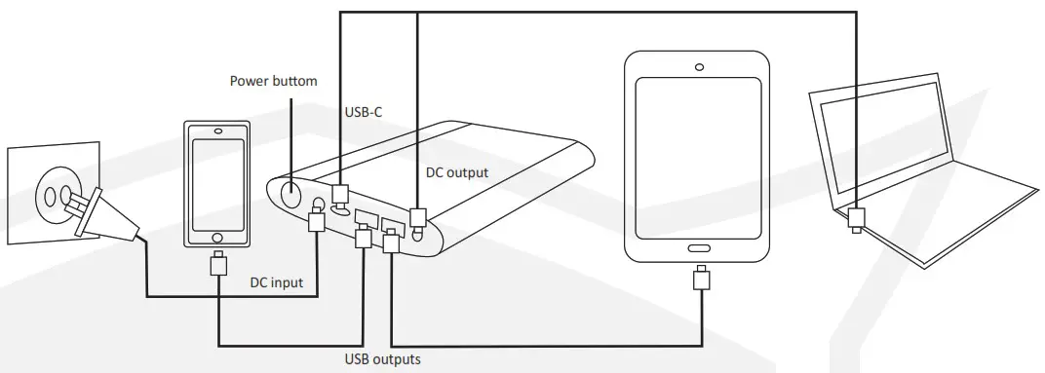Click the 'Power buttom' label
[x=273, y=81]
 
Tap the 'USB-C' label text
[x=363, y=112]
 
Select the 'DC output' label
[x=457, y=172]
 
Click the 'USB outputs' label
[x=382, y=359]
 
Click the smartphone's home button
[x=217, y=237]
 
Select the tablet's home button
[x=699, y=245]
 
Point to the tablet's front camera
[x=699, y=67]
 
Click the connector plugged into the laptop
[x=857, y=218]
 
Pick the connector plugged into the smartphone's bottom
[x=218, y=264]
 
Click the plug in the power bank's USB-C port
[x=340, y=193]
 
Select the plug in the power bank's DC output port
[x=417, y=217]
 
